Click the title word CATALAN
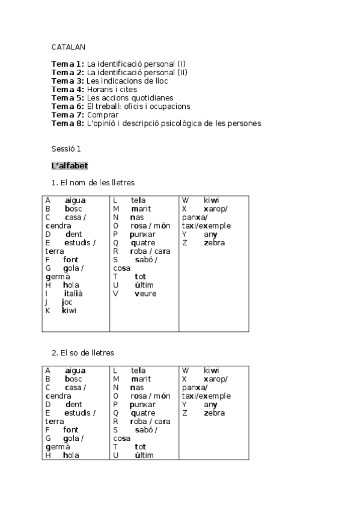[x=69, y=46]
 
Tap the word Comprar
[x=102, y=115]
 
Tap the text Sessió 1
[x=66, y=149]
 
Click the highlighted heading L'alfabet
[x=70, y=165]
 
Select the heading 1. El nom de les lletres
[x=93, y=182]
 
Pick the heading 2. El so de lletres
[x=82, y=353]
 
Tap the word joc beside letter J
[x=67, y=302]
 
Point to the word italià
[x=73, y=293]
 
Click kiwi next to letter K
[x=69, y=310]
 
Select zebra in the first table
[x=214, y=243]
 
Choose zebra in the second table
[x=214, y=413]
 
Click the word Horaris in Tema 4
[x=101, y=90]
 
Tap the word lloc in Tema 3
[x=159, y=81]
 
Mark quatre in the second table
[x=142, y=413]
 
